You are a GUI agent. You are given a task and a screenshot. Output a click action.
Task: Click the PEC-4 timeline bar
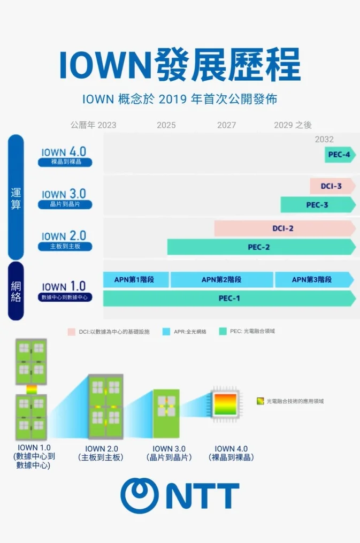tap(340, 155)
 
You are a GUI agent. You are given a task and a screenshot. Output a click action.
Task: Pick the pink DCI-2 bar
tap(284, 228)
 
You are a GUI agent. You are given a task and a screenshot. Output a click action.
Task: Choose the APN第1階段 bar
tap(136, 279)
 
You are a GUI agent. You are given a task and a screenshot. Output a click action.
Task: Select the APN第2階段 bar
tap(221, 279)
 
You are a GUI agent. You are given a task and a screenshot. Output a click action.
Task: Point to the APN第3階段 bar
tap(313, 279)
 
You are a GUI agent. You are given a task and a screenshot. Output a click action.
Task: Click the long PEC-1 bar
tap(229, 299)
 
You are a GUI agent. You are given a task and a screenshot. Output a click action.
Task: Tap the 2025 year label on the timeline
tap(166, 125)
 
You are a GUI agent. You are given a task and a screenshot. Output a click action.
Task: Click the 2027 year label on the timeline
tap(226, 125)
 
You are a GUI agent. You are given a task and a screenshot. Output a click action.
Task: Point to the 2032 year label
tap(324, 140)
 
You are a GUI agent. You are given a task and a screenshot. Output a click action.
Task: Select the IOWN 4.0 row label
tap(64, 155)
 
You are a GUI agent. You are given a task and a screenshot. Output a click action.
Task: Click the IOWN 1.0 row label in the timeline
tap(64, 290)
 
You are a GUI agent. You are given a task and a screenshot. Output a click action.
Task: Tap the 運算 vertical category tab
tap(16, 197)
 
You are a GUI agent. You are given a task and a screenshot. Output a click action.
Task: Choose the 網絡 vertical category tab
tap(16, 290)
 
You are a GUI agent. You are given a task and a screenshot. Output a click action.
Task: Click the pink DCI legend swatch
tap(71, 332)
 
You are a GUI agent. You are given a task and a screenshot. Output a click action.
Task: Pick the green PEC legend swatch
tap(223, 332)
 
